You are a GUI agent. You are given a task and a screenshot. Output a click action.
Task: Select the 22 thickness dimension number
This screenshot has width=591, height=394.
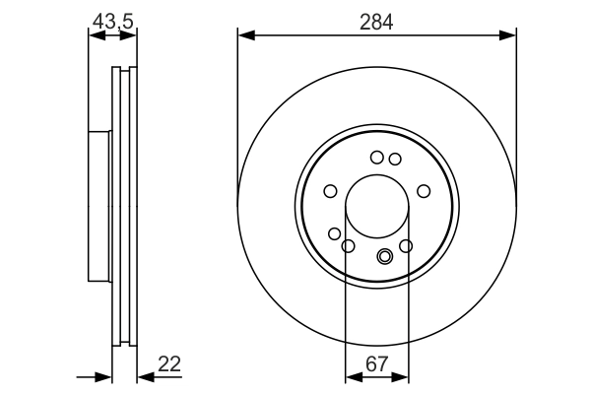click(169, 364)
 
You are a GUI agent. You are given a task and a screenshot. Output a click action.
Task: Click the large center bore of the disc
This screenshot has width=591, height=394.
click(377, 210)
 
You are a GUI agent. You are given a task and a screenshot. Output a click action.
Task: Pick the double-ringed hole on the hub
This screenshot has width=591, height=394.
click(385, 258)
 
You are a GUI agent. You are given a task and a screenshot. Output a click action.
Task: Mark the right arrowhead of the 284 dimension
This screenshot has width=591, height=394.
click(509, 35)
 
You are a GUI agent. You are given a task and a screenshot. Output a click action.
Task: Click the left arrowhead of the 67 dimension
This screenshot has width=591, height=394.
click(351, 376)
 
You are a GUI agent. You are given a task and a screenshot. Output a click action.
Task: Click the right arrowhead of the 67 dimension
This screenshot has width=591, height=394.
click(404, 376)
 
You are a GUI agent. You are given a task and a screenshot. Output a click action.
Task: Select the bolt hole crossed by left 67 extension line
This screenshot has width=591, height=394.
click(347, 244)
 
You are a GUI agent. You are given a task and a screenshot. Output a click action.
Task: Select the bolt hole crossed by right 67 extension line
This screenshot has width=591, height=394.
click(406, 244)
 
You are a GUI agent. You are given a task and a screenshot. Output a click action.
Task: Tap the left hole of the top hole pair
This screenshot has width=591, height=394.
click(376, 157)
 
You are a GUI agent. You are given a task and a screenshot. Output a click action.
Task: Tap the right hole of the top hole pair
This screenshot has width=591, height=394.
click(395, 159)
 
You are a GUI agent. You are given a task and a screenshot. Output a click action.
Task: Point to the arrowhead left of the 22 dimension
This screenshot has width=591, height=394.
click(105, 376)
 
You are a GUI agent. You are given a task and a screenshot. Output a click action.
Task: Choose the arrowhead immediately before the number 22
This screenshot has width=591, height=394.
click(141, 376)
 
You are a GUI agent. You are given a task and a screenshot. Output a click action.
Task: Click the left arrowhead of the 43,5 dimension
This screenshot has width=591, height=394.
click(95, 35)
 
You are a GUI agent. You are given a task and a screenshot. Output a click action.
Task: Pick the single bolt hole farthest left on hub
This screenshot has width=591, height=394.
click(331, 191)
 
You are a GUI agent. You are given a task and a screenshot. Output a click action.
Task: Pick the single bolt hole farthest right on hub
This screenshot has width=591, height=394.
click(424, 191)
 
